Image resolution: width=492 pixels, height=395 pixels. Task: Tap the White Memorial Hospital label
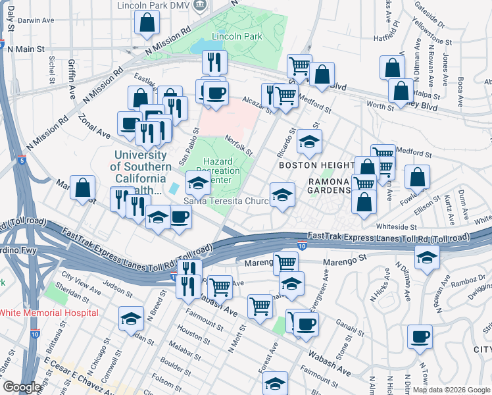click(49, 313)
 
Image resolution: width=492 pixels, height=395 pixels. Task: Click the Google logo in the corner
click(22, 387)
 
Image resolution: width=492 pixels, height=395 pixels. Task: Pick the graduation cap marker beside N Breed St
click(132, 319)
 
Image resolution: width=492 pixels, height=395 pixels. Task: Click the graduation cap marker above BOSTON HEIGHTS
click(309, 141)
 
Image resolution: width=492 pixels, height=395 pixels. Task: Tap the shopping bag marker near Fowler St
click(417, 177)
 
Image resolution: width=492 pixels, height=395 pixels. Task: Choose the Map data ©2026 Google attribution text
click(451, 390)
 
